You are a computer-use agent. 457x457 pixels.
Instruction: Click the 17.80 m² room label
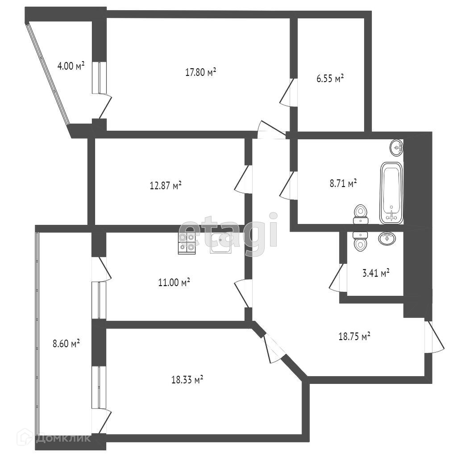201,72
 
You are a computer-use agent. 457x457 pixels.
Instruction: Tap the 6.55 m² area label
330,79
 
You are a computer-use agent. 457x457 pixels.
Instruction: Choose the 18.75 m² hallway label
354,337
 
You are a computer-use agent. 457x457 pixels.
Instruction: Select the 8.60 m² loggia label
66,343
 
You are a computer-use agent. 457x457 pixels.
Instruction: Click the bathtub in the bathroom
392,193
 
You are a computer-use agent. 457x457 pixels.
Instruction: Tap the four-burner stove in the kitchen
187,243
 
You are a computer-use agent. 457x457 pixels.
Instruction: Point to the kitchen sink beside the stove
220,243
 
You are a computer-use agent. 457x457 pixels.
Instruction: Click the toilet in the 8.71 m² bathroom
360,214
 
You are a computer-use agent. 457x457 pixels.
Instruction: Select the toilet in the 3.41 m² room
359,240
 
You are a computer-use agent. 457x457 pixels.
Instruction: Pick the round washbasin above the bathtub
396,147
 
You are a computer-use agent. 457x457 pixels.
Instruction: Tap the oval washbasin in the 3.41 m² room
386,238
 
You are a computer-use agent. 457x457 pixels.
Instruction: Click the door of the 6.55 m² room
287,93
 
